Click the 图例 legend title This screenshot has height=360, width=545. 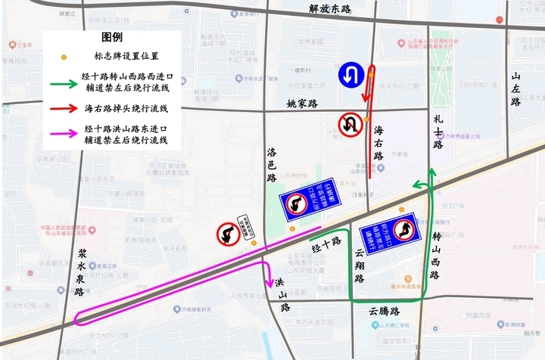tap(112, 38)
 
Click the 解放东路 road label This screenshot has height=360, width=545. tap(331, 9)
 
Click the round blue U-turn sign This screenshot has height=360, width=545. tap(351, 74)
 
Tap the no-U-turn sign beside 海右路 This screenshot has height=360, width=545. tap(349, 124)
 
